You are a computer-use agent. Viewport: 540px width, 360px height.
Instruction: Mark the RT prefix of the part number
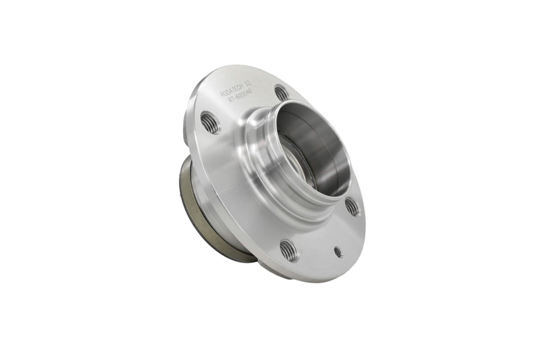232,103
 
